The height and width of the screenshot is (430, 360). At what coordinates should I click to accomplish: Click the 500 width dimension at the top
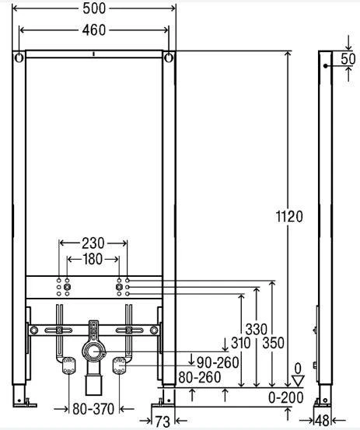tap(94, 9)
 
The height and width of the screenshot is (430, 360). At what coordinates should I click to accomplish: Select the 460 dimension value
tap(94, 30)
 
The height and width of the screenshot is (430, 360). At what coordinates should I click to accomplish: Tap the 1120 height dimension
tap(289, 217)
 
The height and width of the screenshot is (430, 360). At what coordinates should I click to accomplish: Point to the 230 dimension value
tap(93, 243)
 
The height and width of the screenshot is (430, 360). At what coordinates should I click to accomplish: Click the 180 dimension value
tap(93, 259)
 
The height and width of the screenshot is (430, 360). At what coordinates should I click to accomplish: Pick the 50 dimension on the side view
tap(348, 58)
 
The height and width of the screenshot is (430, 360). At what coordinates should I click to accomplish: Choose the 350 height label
tap(273, 343)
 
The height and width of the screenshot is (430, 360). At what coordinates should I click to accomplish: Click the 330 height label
tap(256, 329)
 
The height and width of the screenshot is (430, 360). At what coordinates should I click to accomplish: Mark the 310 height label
tap(241, 343)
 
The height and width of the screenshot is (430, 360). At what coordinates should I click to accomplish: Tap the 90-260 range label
tap(218, 362)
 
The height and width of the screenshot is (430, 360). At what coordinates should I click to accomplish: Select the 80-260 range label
tap(200, 377)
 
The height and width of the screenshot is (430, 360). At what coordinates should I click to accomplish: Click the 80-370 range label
tap(93, 409)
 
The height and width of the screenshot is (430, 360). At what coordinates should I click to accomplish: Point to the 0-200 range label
tap(285, 397)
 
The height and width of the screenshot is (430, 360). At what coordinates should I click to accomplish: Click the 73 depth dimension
tap(163, 421)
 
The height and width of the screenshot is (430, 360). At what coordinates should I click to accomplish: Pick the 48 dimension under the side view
tap(322, 421)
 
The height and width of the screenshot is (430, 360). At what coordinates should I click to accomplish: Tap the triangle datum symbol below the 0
tap(298, 381)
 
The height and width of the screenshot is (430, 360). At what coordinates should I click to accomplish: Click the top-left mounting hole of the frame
tap(19, 58)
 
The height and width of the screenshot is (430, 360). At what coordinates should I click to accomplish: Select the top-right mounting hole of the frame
tap(169, 58)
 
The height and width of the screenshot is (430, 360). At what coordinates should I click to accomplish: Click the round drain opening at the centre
tap(94, 351)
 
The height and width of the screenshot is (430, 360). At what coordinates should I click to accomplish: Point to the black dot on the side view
tap(325, 66)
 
